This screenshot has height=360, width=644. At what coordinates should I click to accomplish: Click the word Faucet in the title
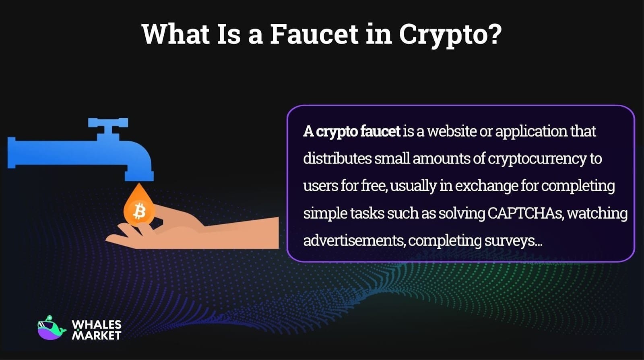point(314,34)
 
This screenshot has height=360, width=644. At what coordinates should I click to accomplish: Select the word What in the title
point(175,34)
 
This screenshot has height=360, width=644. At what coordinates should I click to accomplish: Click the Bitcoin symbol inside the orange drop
point(139,211)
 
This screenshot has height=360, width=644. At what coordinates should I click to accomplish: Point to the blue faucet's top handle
point(108,123)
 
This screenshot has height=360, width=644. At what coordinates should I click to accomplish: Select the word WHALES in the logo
point(96,325)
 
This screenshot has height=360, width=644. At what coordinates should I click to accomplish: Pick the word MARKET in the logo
point(96,335)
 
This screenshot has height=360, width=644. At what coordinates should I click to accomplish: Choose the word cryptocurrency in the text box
point(537,159)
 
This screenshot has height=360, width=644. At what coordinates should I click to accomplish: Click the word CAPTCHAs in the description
point(525,213)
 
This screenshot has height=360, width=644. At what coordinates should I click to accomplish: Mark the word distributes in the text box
point(337,158)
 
